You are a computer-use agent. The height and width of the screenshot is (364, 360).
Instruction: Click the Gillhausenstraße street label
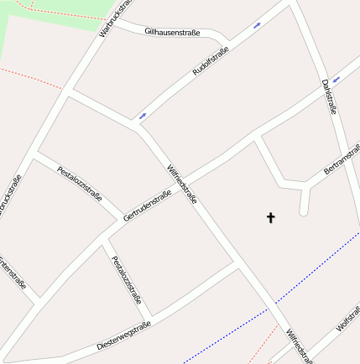[172, 32]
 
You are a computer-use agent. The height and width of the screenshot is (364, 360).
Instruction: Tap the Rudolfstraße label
[211, 61]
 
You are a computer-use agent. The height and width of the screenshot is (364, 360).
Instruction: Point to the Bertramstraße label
[341, 164]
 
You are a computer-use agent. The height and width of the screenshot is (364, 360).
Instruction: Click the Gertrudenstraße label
[147, 205]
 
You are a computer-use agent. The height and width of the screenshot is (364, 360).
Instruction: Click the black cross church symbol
[271, 218]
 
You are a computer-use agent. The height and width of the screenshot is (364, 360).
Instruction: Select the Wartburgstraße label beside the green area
[115, 18]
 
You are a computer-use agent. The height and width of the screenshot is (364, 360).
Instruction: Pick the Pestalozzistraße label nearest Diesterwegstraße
[127, 280]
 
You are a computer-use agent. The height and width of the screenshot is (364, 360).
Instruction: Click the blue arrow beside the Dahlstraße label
[336, 79]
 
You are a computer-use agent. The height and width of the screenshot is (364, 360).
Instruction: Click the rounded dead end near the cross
[304, 211]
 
